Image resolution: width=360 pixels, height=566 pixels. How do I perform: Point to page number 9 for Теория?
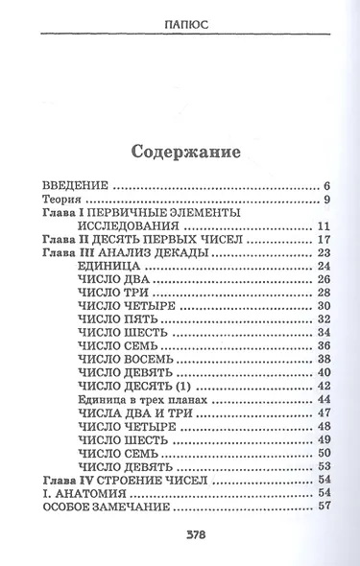coord(327,200)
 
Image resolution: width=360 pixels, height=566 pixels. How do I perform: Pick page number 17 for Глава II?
coord(324,240)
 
